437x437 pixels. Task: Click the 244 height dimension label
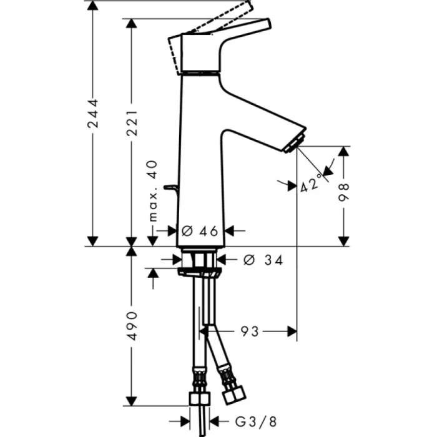(x=92, y=114)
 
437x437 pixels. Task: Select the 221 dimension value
(x=131, y=119)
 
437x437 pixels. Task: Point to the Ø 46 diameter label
(x=199, y=231)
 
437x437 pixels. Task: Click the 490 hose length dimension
(x=131, y=326)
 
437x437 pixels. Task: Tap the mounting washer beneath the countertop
(x=199, y=272)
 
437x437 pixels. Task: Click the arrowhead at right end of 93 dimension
(x=290, y=331)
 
